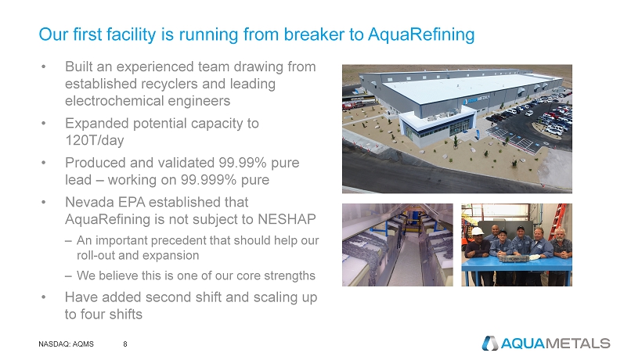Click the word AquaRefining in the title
[421, 34]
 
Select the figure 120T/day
[95, 140]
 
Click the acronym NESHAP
[287, 219]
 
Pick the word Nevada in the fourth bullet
[88, 202]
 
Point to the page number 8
[125, 344]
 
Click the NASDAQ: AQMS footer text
[66, 344]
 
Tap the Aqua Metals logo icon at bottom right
[489, 344]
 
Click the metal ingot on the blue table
[510, 258]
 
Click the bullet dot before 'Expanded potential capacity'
[43, 123]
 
